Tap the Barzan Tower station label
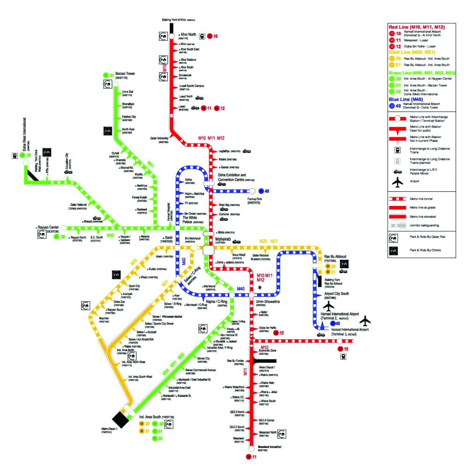coord(125,73)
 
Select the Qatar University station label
coord(159,139)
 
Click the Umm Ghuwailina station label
coord(267,302)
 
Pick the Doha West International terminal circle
coord(23,162)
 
